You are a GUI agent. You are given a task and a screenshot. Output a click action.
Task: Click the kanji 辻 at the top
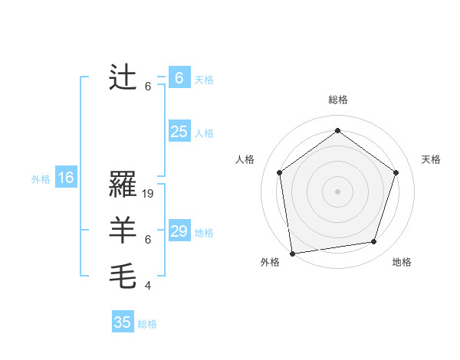123,78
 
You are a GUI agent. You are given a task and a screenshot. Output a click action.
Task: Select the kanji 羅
123,185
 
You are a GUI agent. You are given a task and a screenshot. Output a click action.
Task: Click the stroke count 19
149,194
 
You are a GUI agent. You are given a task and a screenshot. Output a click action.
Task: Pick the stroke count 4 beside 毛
148,286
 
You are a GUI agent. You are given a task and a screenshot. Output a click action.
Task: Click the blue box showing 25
179,132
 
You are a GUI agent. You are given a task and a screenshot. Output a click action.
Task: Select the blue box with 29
179,231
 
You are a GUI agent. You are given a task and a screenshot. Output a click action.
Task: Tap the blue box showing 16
66,178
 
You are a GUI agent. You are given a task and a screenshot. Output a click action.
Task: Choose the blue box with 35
123,322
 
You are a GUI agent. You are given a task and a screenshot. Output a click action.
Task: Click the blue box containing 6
179,78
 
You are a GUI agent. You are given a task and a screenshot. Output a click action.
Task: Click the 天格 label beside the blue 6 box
204,80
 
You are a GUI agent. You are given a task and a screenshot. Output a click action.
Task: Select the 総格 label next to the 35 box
147,324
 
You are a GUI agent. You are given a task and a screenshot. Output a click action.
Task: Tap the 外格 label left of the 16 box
41,179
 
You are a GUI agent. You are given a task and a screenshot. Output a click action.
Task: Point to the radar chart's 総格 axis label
338,100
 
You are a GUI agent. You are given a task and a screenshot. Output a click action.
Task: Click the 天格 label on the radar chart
431,159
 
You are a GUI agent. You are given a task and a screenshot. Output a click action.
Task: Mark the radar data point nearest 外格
292,253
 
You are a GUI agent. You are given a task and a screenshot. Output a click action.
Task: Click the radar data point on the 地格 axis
374,242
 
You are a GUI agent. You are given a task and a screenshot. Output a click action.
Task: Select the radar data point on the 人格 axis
280,172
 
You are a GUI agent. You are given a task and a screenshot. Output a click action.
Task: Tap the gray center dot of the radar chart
338,191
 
